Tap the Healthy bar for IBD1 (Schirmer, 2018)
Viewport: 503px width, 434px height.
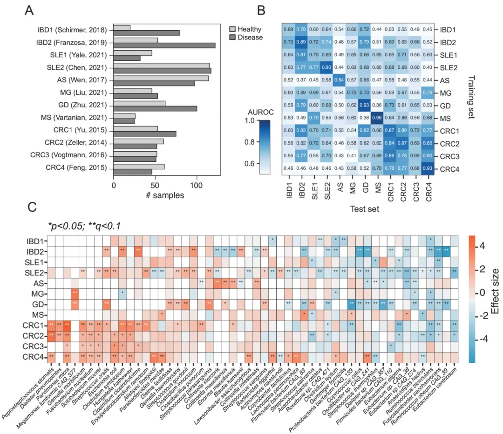(122, 28)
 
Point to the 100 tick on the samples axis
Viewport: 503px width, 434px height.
(197, 184)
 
